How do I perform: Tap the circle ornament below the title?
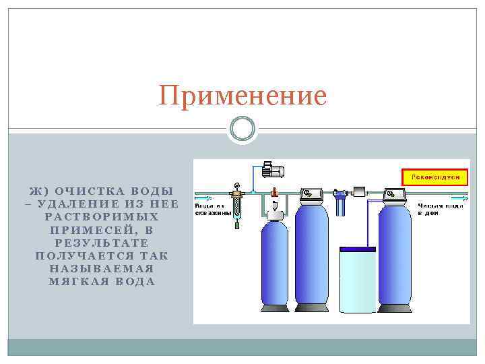[243, 128]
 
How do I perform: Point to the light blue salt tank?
[357, 280]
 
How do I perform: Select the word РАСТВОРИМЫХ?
[102, 217]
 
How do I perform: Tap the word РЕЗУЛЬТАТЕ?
[102, 243]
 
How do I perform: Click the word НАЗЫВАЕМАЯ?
[102, 268]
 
